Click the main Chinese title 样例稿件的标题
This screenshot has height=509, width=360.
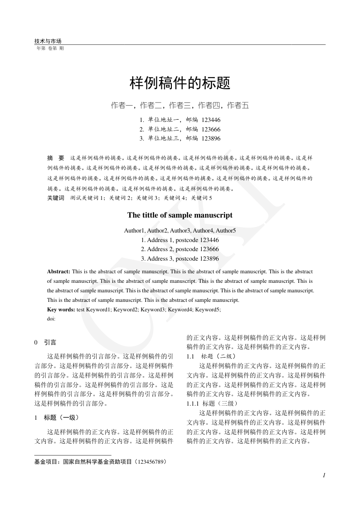(180, 83)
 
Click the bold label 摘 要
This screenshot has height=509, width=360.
(56, 158)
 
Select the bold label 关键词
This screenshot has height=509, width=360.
(56, 198)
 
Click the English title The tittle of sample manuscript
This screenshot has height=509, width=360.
(180, 215)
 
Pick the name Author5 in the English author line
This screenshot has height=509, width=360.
(226, 231)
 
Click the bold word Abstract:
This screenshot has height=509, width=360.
(58, 271)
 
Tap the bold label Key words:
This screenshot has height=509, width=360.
(61, 310)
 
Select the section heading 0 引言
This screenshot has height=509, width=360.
(45, 343)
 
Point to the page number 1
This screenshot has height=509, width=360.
(324, 475)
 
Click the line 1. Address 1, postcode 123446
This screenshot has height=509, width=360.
(180, 240)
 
